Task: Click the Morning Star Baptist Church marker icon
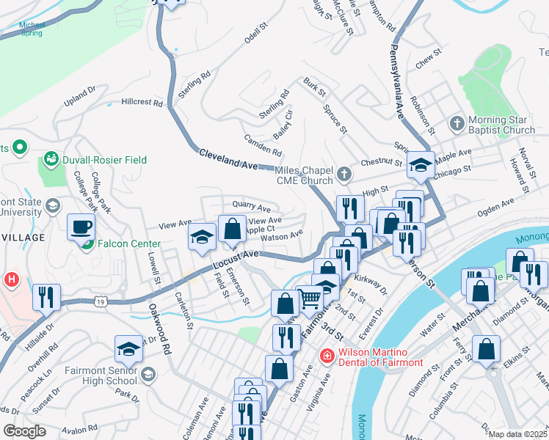[457, 123]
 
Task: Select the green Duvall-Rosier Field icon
[51, 159]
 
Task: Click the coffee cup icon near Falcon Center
[81, 226]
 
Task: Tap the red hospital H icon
[12, 279]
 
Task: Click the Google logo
[24, 430]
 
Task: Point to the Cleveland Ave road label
[228, 159]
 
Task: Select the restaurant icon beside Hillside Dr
[46, 296]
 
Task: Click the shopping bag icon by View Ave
[232, 228]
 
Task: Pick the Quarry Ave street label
[251, 208]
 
